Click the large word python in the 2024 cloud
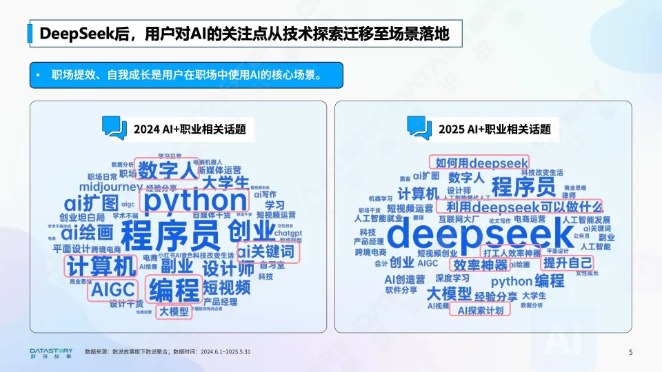pyautogui.click(x=194, y=201)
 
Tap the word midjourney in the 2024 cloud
pyautogui.click(x=110, y=187)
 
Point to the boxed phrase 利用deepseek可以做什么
pyautogui.click(x=523, y=207)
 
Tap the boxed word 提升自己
pyautogui.click(x=568, y=262)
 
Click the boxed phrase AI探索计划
pyautogui.click(x=481, y=310)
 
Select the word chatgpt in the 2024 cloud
pyautogui.click(x=288, y=234)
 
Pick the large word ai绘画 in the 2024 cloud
pyautogui.click(x=87, y=231)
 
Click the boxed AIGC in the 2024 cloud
pyautogui.click(x=112, y=289)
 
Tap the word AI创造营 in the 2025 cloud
pyautogui.click(x=405, y=279)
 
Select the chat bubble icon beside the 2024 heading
pyautogui.click(x=114, y=128)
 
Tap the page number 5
pyautogui.click(x=630, y=353)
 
